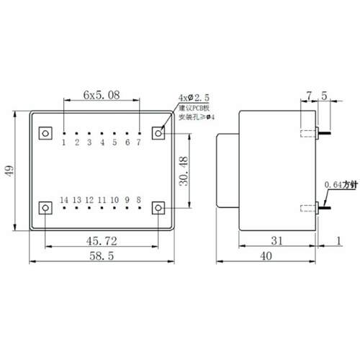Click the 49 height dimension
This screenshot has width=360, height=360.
point(9,170)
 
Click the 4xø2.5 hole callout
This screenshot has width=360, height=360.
point(194,97)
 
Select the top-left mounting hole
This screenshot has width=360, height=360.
point(45,133)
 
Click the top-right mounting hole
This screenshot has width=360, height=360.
point(159,133)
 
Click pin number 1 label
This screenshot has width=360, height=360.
point(64,143)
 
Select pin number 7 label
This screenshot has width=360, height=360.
point(138,143)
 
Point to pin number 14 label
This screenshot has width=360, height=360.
point(64,199)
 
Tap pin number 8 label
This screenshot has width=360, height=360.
point(138,199)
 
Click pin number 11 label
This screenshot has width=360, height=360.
point(102,199)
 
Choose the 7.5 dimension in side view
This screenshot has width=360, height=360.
point(317,95)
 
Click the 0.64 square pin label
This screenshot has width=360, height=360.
point(338,185)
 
